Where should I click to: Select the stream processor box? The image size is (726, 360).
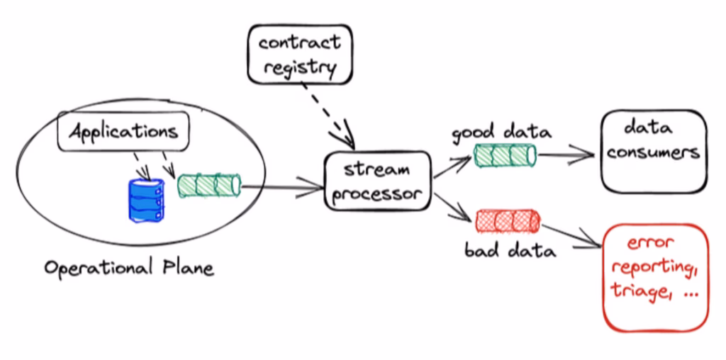coord(377,181)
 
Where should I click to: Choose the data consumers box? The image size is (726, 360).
coord(653,150)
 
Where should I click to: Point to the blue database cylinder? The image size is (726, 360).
coord(146,201)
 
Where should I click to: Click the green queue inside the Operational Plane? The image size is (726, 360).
coord(208,186)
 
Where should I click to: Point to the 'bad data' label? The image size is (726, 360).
coord(506,250)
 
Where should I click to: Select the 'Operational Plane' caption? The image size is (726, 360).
coord(128,268)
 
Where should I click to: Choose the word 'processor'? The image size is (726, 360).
coord(377,193)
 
